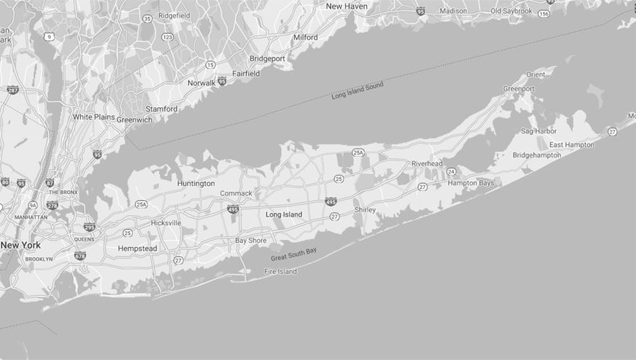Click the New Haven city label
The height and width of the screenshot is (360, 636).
click(x=346, y=6)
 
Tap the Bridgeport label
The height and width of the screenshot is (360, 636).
click(x=267, y=58)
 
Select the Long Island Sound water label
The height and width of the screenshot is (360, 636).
click(x=357, y=91)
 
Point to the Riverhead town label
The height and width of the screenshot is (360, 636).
click(x=427, y=163)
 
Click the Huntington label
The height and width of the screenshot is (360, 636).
click(x=196, y=183)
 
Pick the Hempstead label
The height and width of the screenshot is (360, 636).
click(x=137, y=249)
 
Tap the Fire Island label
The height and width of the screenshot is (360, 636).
click(x=280, y=271)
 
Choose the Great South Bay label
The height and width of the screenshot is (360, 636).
click(x=294, y=254)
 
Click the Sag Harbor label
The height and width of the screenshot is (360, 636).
click(x=539, y=131)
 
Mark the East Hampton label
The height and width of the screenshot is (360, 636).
click(x=571, y=145)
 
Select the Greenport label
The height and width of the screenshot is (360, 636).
click(x=519, y=89)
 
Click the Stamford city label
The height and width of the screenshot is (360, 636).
click(x=161, y=109)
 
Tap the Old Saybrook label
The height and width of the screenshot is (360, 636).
click(x=511, y=11)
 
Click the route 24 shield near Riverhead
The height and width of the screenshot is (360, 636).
click(x=451, y=172)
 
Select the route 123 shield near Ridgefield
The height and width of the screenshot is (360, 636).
click(x=168, y=37)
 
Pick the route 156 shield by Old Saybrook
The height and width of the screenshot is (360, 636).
click(x=544, y=13)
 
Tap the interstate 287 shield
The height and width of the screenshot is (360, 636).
click(x=13, y=89)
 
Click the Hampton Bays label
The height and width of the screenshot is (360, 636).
click(x=471, y=183)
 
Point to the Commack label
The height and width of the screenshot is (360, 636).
click(x=236, y=193)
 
